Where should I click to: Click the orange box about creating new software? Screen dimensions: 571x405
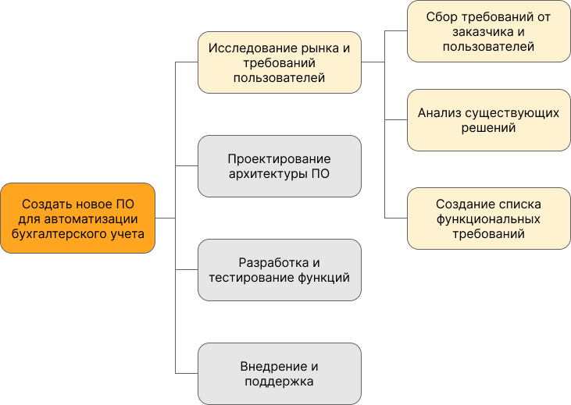point(78,218)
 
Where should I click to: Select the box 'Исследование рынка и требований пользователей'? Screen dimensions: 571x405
point(280,62)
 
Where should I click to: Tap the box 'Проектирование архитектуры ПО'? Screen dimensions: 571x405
point(280,166)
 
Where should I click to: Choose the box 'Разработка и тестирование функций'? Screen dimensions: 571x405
point(280,270)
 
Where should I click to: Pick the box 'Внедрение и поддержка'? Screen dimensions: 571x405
point(280,373)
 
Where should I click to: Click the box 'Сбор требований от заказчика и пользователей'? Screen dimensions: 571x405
point(488,31)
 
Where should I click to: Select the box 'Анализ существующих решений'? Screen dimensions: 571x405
point(488,120)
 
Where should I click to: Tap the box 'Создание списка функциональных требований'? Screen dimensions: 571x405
point(488,218)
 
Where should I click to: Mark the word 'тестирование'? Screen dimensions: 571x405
point(252,278)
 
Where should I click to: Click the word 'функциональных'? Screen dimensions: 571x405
point(488,219)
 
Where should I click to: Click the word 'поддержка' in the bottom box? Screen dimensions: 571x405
point(279,382)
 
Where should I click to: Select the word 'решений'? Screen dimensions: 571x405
point(488,128)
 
